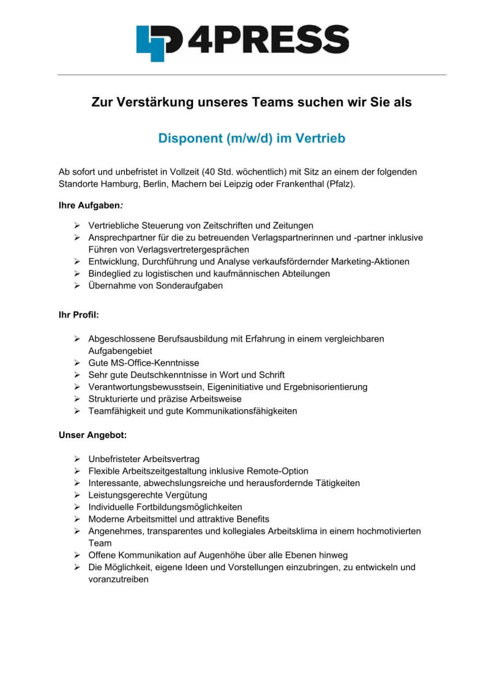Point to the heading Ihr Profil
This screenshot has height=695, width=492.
(79, 315)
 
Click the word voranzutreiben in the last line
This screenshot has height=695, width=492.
(118, 579)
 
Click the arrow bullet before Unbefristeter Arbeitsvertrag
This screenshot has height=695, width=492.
(77, 459)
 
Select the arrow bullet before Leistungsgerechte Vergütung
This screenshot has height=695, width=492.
(77, 495)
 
